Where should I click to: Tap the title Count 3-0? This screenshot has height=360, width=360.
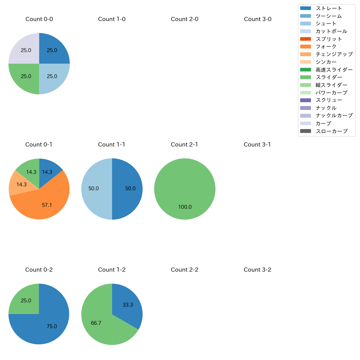(258, 19)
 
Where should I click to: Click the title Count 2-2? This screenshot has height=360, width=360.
(184, 270)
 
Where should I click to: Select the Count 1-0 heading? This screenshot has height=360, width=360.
(112, 19)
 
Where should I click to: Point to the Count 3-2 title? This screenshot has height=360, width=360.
(257, 270)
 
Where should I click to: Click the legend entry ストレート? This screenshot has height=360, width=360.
(328, 8)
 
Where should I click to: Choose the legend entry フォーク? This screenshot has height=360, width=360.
(326, 47)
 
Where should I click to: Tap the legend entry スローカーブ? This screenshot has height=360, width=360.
(331, 131)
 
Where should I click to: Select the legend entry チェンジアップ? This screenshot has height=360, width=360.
(334, 54)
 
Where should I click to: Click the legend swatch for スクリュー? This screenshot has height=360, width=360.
(305, 100)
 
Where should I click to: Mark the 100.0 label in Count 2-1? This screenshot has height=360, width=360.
(185, 207)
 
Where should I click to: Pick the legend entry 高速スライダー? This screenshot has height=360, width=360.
(334, 70)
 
